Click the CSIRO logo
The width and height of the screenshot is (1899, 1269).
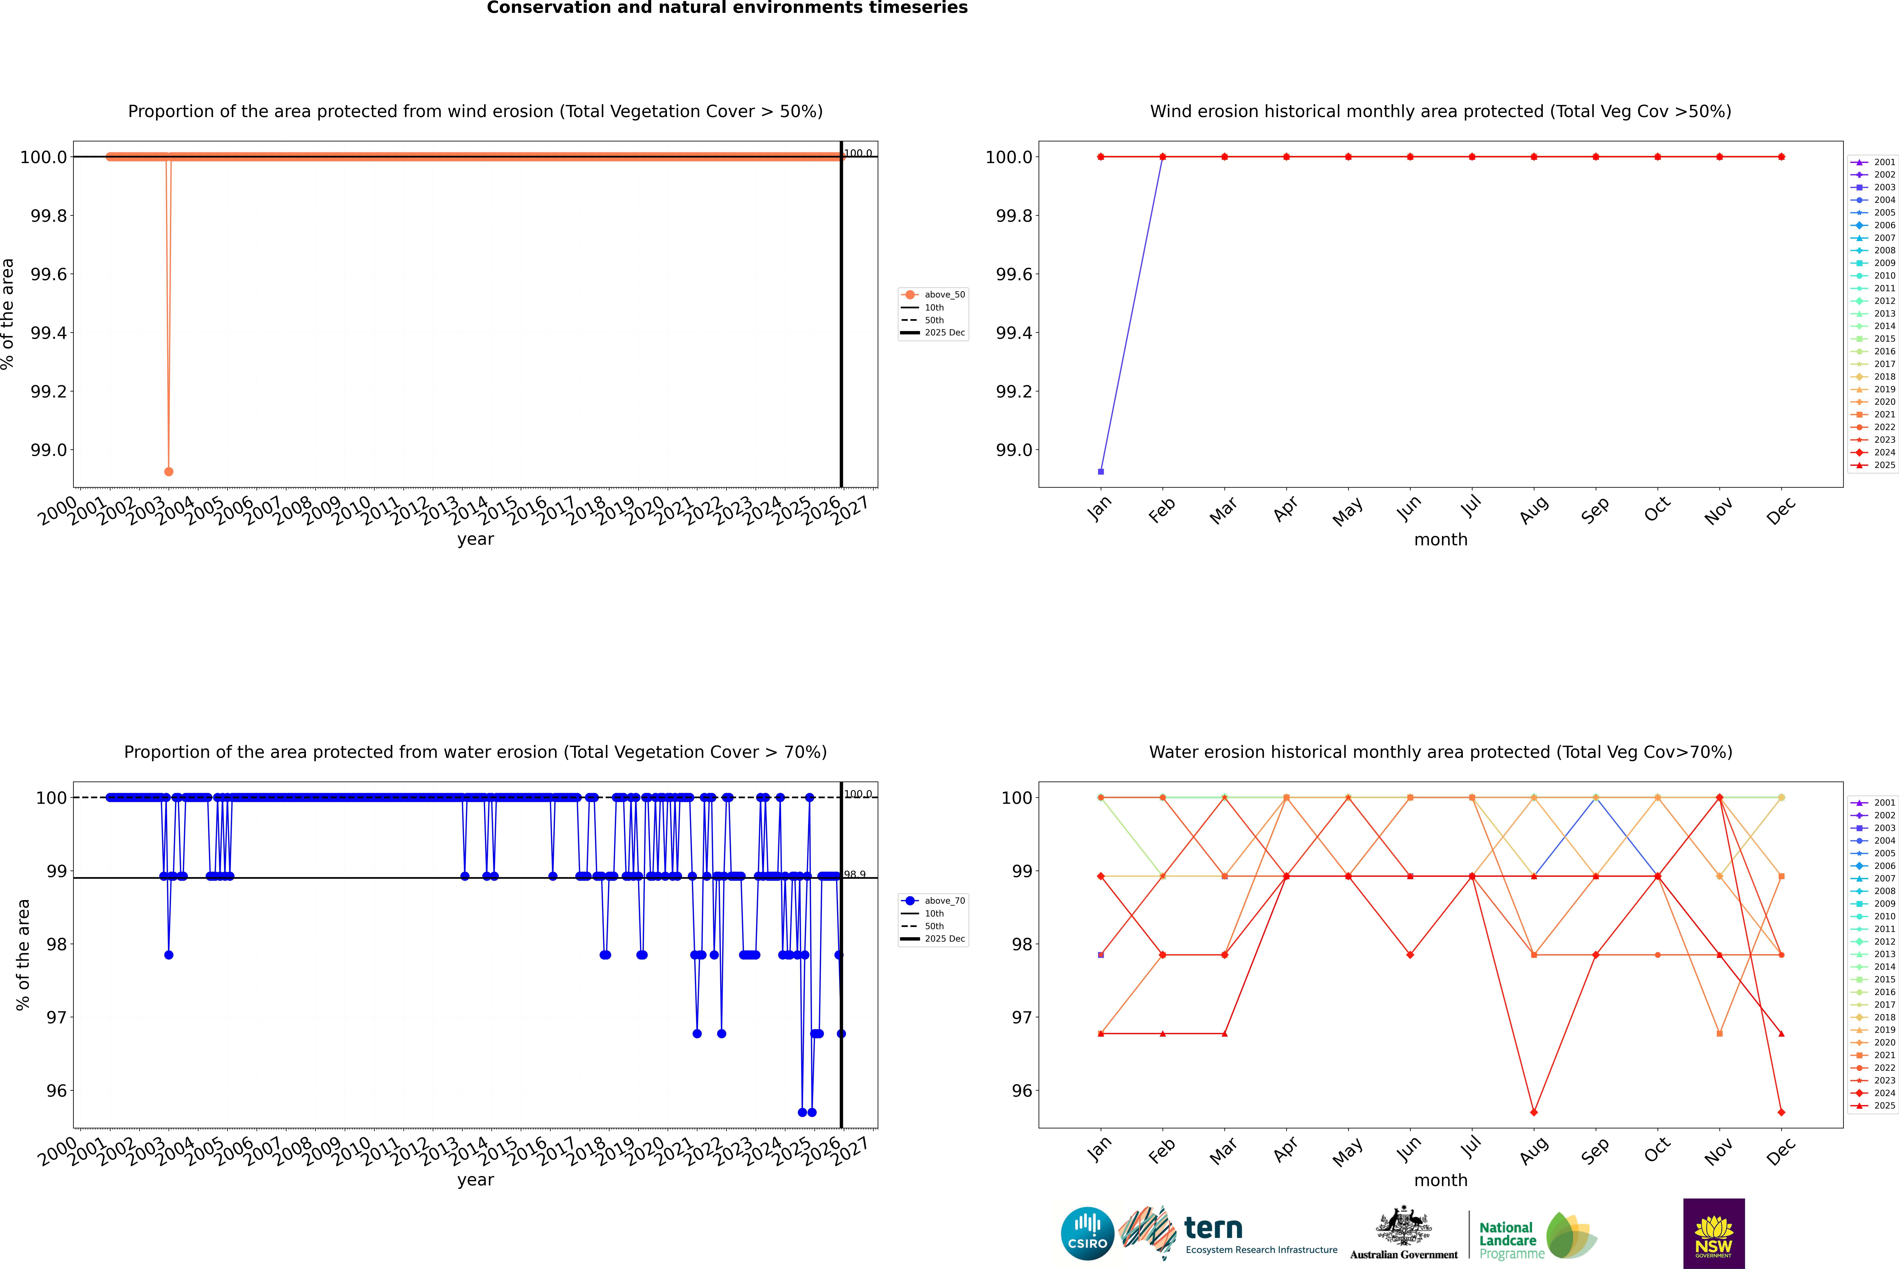1087,1233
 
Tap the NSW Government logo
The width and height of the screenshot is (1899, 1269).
1714,1233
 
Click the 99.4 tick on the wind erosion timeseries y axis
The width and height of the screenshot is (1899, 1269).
49,333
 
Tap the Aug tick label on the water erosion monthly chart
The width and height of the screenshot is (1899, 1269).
1534,1149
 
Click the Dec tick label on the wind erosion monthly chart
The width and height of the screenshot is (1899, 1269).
1781,510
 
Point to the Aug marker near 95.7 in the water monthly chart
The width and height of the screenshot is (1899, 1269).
1534,1112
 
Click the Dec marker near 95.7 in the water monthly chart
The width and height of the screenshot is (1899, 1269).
1781,1112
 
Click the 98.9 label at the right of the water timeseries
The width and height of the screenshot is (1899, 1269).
855,874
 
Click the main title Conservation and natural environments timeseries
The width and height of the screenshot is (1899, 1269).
727,8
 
